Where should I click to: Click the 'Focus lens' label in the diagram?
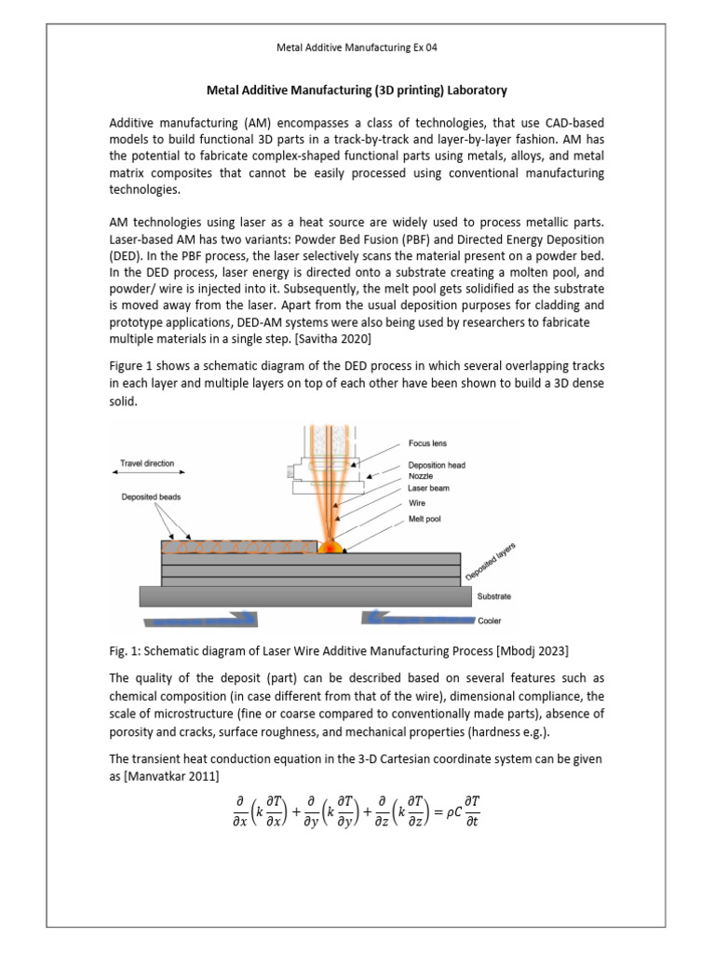click(x=428, y=444)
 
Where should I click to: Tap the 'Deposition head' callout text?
click(x=438, y=465)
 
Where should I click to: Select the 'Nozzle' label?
click(x=420, y=475)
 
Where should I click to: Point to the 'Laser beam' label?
click(x=427, y=487)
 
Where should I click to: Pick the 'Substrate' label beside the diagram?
click(x=493, y=595)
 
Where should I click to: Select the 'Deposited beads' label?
click(x=151, y=497)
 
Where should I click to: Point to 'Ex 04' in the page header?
click(x=422, y=47)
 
